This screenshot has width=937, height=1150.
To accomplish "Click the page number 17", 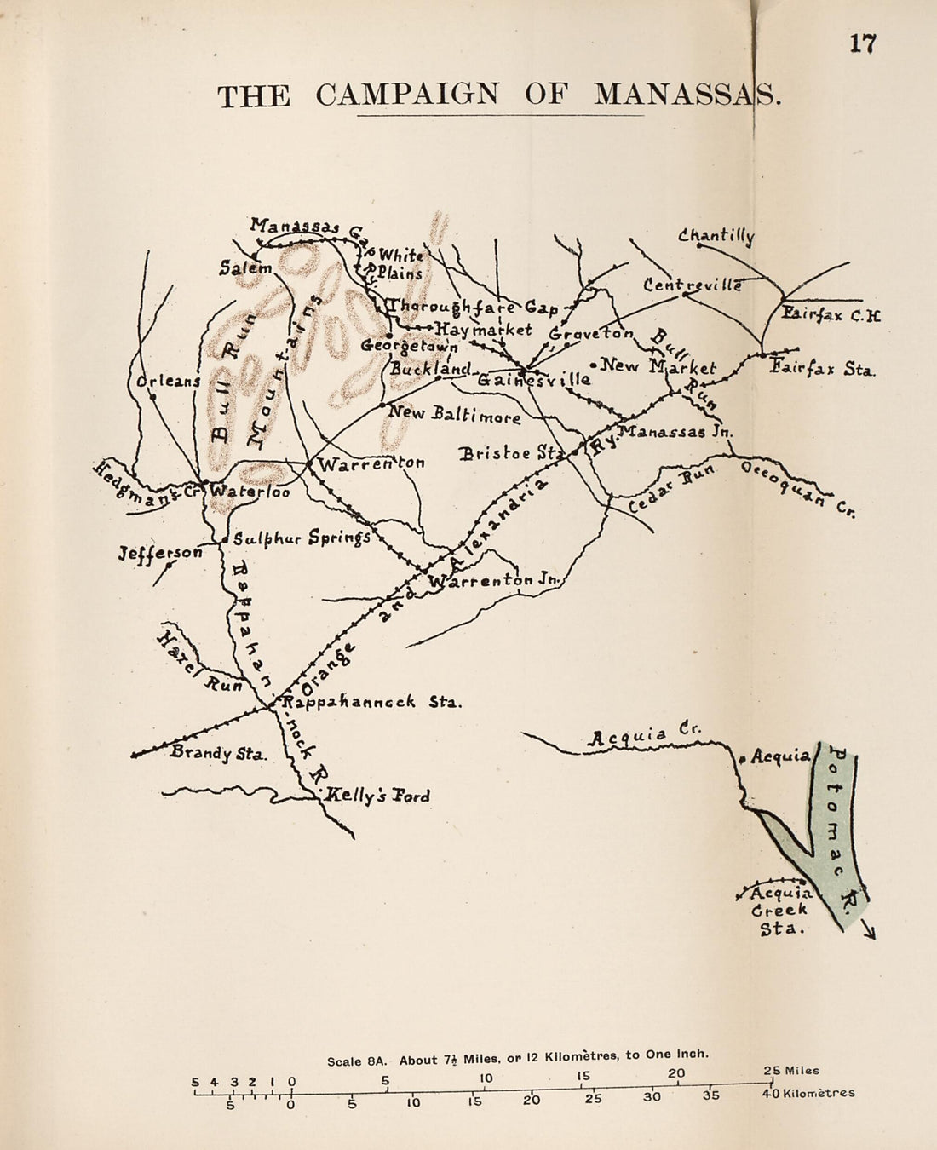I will click(862, 43).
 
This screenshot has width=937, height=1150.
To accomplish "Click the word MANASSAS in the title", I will click(686, 95).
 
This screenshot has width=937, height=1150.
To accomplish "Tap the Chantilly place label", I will click(716, 236).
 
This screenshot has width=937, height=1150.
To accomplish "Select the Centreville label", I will click(693, 285).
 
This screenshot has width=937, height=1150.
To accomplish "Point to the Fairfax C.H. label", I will click(831, 314).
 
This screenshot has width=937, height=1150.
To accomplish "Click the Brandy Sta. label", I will click(219, 753).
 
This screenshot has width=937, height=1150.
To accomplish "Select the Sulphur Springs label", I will click(302, 538).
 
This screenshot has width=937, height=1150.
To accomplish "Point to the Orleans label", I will click(169, 381).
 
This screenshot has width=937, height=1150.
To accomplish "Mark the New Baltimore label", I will click(454, 415).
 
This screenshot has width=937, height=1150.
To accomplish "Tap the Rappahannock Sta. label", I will click(371, 703).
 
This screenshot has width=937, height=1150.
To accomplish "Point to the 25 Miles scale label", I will click(790, 1071).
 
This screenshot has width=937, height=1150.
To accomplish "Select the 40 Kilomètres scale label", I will click(808, 1093).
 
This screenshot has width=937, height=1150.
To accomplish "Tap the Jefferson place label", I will click(160, 553).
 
